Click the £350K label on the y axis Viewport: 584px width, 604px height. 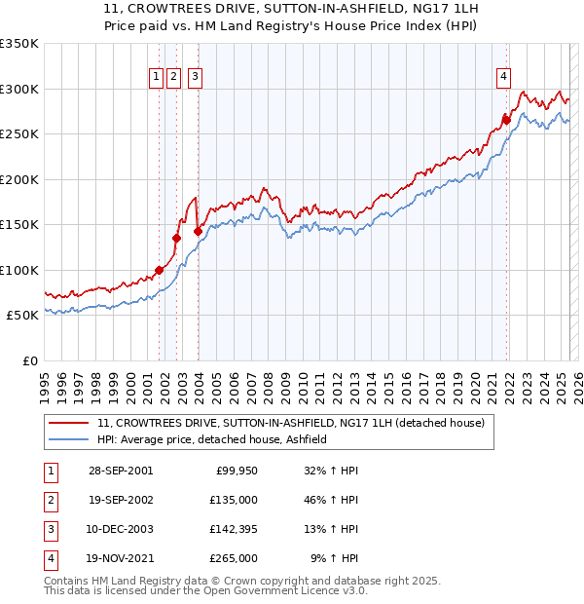coord(19,44)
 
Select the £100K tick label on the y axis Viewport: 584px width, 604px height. coord(19,270)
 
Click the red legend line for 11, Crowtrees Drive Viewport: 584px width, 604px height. coord(69,423)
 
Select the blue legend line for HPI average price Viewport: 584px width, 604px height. coord(69,439)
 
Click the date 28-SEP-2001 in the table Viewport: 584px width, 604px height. coord(121,471)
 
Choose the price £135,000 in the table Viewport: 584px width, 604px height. coord(235,500)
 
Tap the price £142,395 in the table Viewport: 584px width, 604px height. coord(235,529)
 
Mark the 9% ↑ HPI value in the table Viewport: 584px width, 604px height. coord(334,558)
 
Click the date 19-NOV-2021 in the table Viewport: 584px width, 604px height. coord(121,558)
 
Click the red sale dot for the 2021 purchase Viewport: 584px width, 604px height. coord(506,120)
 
